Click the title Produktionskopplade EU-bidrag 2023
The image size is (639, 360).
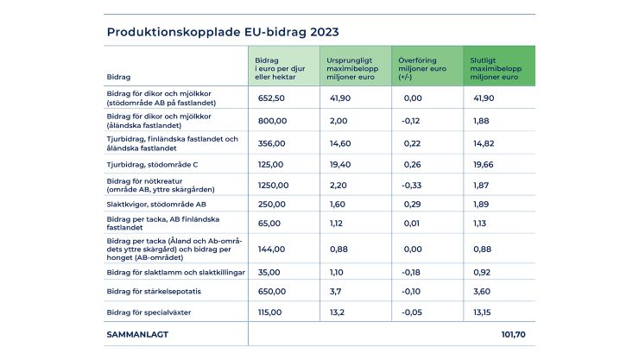[x=222, y=32]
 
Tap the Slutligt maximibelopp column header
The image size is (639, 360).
[x=498, y=66]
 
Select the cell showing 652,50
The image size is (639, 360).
[x=271, y=98]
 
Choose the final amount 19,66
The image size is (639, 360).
[x=484, y=163]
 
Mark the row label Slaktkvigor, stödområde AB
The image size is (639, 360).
[x=156, y=204]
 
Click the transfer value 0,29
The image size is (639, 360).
[x=414, y=204]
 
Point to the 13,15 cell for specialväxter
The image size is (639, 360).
[x=484, y=312]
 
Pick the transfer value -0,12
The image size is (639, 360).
[x=414, y=120]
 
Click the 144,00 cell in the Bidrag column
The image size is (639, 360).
[x=271, y=248]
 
